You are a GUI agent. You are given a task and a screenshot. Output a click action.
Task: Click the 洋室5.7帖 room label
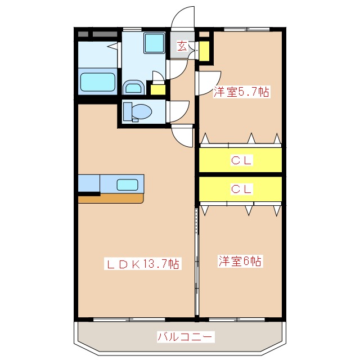click(241, 92)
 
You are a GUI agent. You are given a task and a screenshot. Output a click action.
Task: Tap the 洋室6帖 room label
click(241, 261)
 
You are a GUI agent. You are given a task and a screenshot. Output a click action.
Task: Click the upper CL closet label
click(241, 160)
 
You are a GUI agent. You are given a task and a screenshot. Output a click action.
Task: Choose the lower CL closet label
click(241, 189)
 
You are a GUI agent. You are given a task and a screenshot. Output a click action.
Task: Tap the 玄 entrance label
click(182, 47)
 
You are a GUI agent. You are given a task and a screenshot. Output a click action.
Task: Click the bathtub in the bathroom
click(98, 82)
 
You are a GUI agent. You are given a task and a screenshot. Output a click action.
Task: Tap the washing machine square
click(152, 43)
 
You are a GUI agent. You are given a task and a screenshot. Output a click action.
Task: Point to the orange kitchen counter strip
click(111, 198)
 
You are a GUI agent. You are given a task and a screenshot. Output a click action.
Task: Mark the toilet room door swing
click(179, 110)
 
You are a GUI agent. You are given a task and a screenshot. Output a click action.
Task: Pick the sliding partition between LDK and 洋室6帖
click(197, 262)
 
